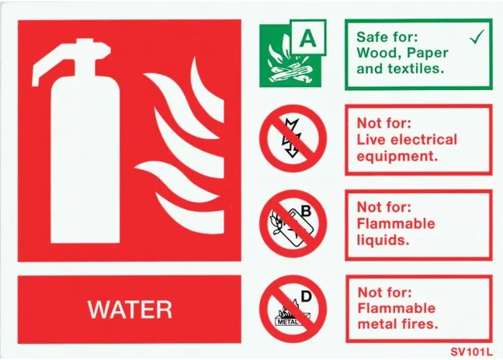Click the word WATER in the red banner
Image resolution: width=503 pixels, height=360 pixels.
130,310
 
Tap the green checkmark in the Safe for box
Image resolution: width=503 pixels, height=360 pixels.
477,36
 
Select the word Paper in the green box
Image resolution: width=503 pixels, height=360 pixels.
431,52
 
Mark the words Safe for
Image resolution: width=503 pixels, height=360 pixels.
387,36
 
